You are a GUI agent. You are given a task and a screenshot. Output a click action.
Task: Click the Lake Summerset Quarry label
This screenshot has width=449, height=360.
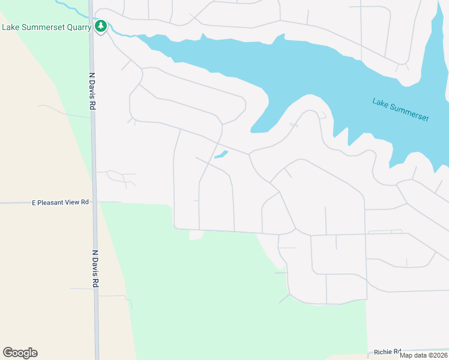(x=47, y=27)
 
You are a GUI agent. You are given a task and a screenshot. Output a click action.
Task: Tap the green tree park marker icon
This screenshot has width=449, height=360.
(x=101, y=26)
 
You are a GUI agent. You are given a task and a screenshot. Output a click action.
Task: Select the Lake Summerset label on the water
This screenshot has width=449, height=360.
(x=400, y=110)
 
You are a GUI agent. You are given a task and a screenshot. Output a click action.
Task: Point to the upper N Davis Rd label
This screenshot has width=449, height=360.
(x=92, y=91)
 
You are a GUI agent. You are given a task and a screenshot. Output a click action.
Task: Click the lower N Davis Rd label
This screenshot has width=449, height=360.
(x=94, y=268)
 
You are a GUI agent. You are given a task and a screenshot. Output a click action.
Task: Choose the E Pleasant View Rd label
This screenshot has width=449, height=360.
(x=60, y=203)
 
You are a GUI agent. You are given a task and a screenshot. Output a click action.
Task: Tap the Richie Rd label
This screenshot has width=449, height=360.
(x=387, y=352)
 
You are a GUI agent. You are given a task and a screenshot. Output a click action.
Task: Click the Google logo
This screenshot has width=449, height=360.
(x=20, y=353)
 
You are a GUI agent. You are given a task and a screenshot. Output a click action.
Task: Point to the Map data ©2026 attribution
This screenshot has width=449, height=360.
(x=423, y=355)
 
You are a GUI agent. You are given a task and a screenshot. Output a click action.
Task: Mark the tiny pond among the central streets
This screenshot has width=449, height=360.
(x=221, y=155)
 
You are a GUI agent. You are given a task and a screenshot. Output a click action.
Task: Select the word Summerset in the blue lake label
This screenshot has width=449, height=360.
(x=409, y=112)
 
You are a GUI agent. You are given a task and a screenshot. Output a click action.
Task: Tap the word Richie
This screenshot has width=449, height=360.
(x=383, y=352)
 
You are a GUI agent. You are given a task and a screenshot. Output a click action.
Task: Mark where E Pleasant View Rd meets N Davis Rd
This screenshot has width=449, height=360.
(x=95, y=202)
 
